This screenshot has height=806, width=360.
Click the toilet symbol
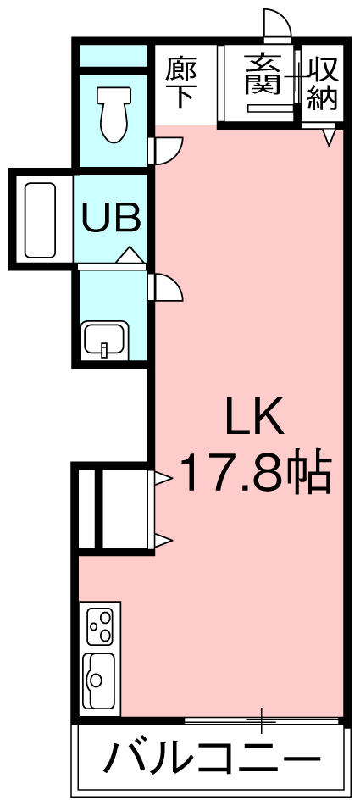[x=114, y=114]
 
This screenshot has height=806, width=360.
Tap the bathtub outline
[x=40, y=220]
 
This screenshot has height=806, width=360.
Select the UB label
[x=112, y=219]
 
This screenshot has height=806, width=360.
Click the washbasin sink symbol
[x=105, y=341]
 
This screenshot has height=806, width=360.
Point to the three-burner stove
[x=100, y=625]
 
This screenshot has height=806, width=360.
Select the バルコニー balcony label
[x=212, y=759]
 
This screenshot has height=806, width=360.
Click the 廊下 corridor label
[x=180, y=83]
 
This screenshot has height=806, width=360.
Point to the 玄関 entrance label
[x=263, y=75]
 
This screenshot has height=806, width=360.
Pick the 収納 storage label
[x=323, y=84]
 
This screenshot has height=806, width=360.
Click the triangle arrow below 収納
[x=330, y=136]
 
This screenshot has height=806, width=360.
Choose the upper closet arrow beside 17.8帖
[x=163, y=479]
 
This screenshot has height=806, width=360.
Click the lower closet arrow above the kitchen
[x=163, y=540]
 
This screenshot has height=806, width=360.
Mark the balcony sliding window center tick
[x=262, y=720]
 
